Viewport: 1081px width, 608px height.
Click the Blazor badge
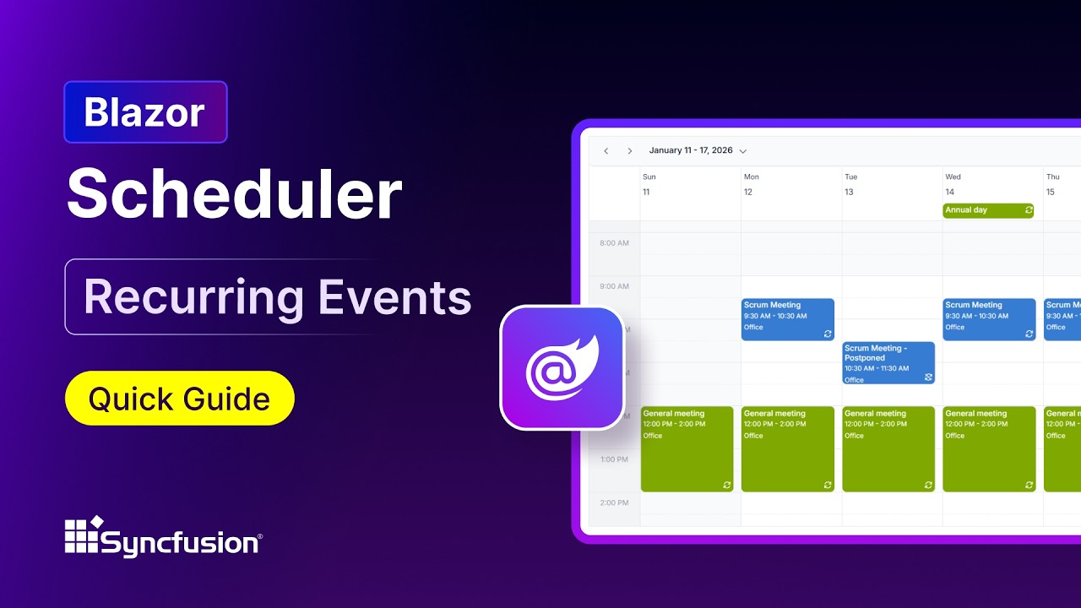point(145,112)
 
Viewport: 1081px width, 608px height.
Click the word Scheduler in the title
point(234,195)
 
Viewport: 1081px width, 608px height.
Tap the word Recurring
point(193,297)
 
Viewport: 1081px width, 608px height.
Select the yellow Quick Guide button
point(179,398)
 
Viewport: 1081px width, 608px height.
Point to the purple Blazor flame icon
point(562,367)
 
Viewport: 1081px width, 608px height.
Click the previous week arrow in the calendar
point(606,151)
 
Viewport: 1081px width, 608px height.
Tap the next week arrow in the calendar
point(629,151)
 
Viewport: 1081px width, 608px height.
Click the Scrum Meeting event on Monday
point(787,319)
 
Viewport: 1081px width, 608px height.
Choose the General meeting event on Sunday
point(687,448)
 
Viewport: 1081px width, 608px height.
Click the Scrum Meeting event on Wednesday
point(989,319)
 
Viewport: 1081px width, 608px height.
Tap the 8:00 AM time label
point(614,243)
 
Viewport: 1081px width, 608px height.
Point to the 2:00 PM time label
point(614,502)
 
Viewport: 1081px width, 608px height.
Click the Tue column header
point(850,177)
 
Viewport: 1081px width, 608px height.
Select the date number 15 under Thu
point(1051,193)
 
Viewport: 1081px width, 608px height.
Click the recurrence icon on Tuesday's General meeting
point(928,485)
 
